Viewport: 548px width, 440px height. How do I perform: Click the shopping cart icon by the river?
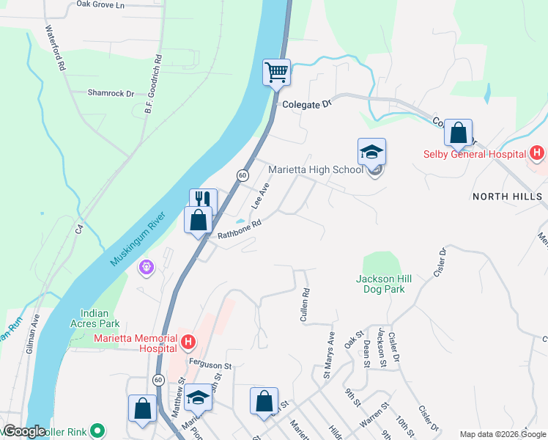277,73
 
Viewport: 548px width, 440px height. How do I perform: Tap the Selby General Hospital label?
474,154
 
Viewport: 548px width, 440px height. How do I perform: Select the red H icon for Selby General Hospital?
537,153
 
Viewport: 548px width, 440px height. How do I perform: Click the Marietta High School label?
315,169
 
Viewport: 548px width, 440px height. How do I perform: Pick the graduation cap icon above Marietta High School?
371,152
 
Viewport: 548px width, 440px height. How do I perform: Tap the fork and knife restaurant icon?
203,200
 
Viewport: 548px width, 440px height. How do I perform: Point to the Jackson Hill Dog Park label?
380,284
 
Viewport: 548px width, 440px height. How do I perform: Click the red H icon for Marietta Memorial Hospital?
188,342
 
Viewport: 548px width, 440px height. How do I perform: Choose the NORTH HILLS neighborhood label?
507,197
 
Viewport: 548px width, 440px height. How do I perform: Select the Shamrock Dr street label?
111,93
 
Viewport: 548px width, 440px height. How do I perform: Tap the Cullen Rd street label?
305,304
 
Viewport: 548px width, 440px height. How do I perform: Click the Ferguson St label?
210,364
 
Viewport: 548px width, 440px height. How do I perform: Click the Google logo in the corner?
24,431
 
